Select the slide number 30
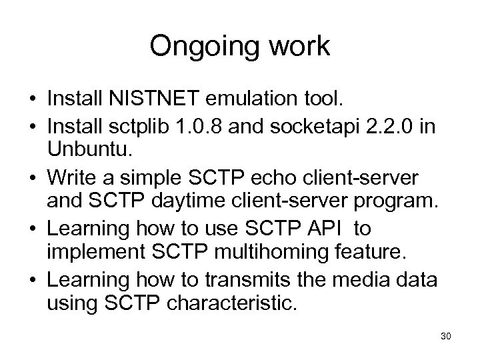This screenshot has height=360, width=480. (446, 337)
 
